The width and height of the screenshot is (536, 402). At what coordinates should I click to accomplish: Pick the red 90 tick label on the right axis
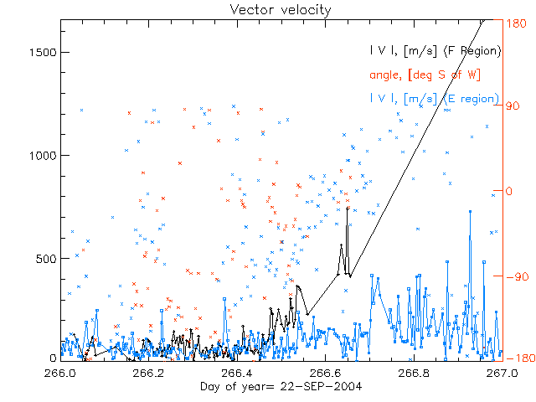click(x=511, y=107)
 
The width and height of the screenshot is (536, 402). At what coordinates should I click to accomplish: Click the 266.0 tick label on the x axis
click(x=61, y=372)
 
